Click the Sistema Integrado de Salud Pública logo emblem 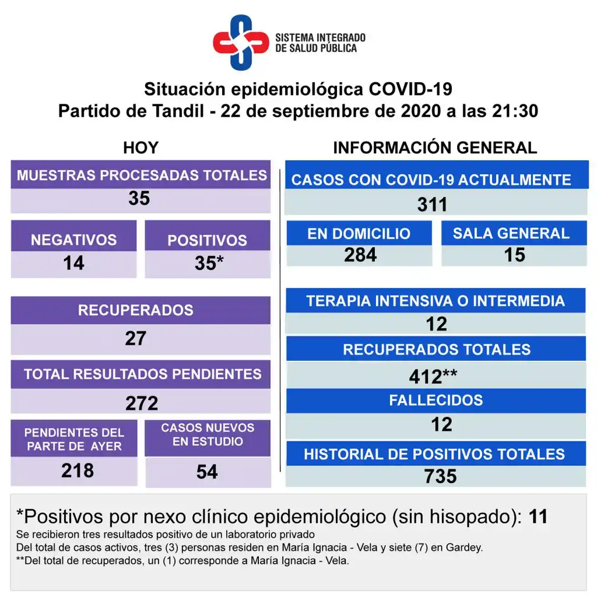pos(241,42)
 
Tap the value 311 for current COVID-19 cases pos(432,205)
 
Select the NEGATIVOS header pos(73,240)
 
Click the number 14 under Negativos pos(73,263)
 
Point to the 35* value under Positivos pos(209,263)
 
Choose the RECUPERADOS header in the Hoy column pos(136,310)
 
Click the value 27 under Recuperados pos(136,338)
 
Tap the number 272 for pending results pos(142,403)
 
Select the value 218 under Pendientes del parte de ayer pos(77,470)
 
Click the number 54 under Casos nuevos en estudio pos(207,471)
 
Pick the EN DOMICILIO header pos(359,234)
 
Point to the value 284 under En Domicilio pos(360,255)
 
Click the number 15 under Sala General pos(515,255)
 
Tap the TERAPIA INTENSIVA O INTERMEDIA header pos(436,301)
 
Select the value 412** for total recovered pos(433,377)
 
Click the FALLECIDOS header pos(436,401)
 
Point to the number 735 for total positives pos(441,476)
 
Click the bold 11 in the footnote pos(538,516)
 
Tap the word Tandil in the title pos(177,111)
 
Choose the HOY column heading pos(141,148)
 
